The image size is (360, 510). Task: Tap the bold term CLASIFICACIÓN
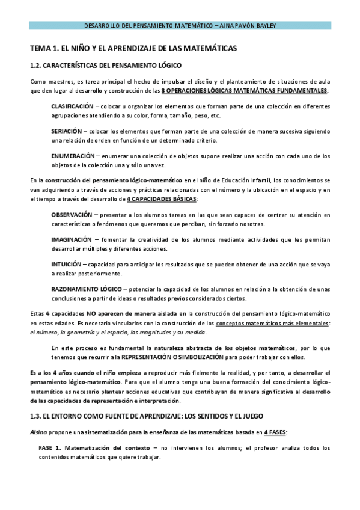72,106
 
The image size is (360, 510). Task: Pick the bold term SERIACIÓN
66,130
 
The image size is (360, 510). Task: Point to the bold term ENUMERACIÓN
73,155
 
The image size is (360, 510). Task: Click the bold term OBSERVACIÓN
72,214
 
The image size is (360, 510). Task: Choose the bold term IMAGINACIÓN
71,239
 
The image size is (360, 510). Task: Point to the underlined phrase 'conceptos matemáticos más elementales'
272,323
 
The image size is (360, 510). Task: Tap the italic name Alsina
38,432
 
